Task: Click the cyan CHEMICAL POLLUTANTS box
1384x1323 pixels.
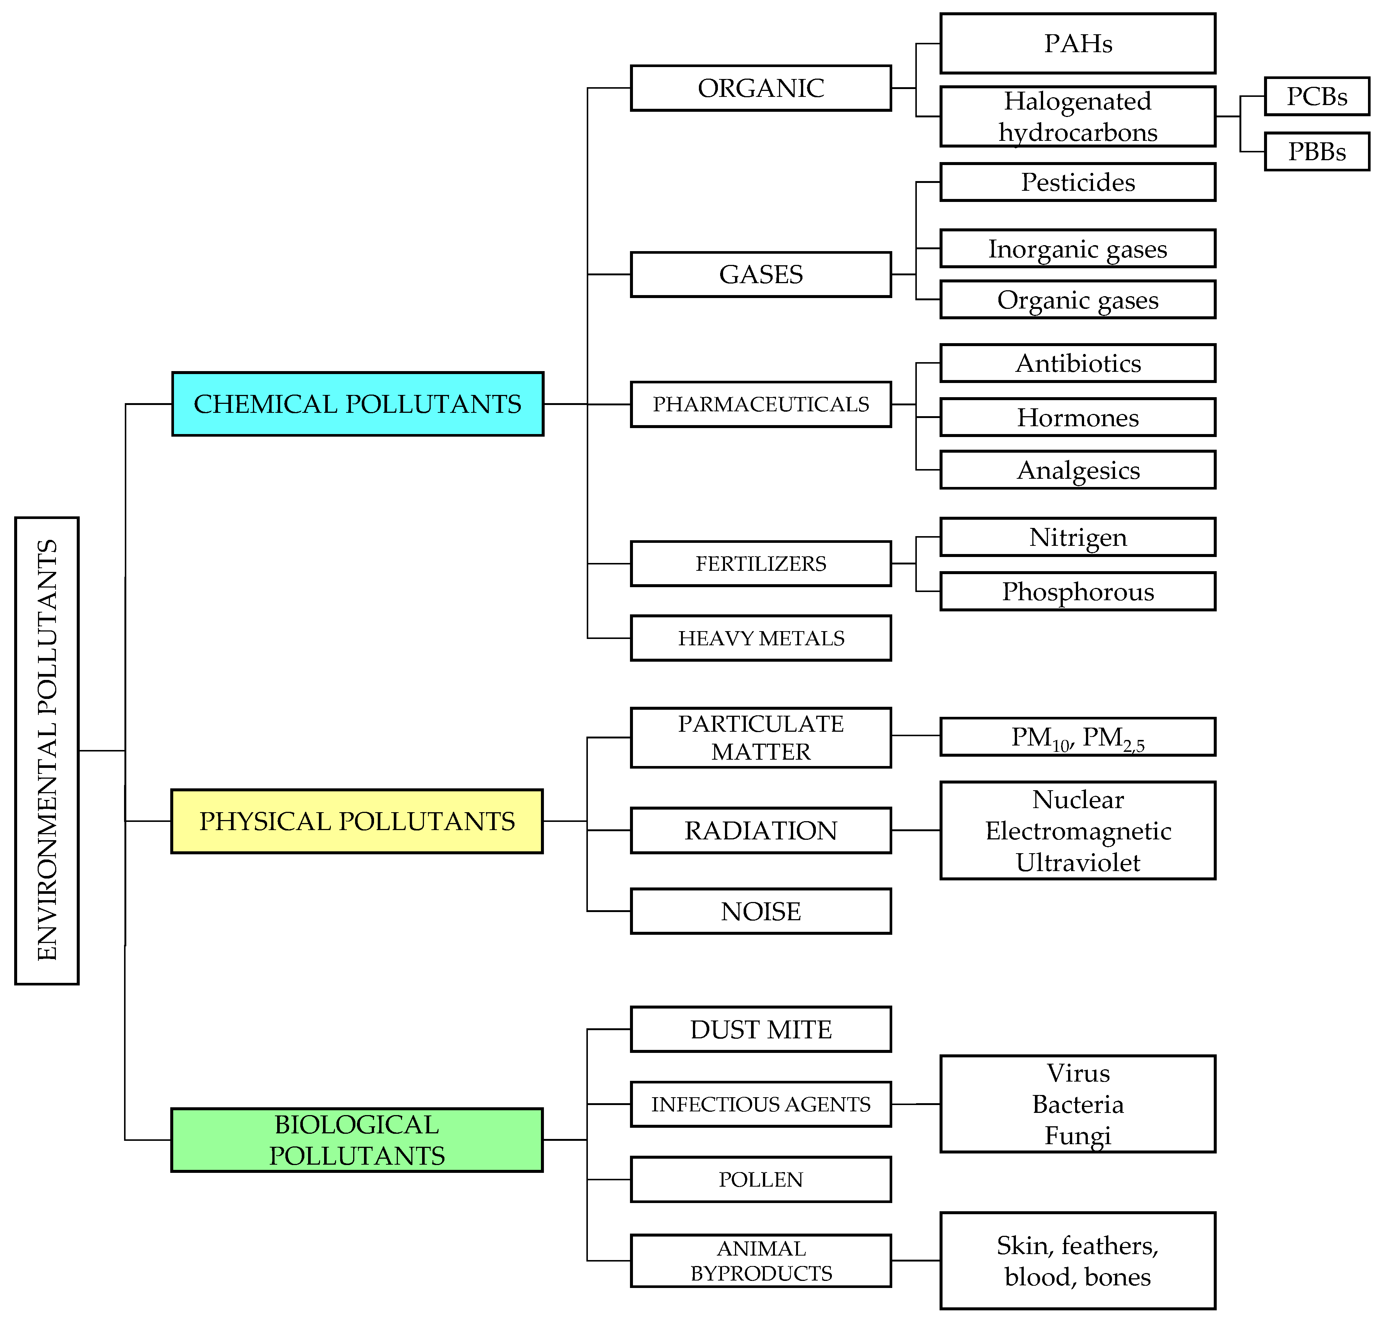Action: (x=358, y=404)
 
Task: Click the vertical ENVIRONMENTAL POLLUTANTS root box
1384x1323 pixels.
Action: (x=47, y=750)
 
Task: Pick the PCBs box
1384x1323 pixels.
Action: (x=1316, y=96)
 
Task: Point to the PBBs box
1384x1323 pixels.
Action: (x=1316, y=152)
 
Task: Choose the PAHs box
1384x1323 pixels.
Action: (x=1077, y=44)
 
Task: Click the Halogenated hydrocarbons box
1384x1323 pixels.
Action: (x=1077, y=116)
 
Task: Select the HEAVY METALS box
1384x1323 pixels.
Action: (x=761, y=638)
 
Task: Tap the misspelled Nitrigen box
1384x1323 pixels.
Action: (x=1077, y=537)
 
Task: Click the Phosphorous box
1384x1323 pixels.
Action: (x=1077, y=592)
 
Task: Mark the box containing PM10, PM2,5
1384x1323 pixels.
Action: (x=1077, y=737)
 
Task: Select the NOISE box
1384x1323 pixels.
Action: (x=761, y=911)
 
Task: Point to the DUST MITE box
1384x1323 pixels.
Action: (x=761, y=1030)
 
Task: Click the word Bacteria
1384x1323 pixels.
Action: (x=1077, y=1104)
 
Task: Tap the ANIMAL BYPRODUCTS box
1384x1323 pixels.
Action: (x=761, y=1261)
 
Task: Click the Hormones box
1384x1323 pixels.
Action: (x=1077, y=418)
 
